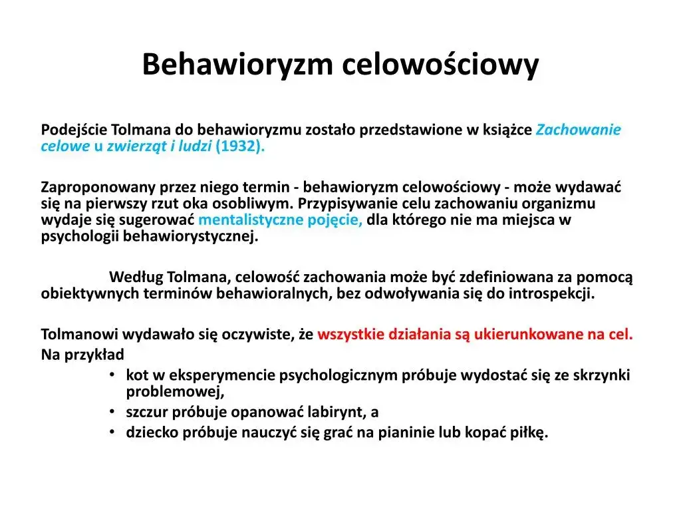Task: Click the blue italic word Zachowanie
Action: pos(579,130)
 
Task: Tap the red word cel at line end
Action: pos(620,335)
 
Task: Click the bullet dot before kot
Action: pos(114,375)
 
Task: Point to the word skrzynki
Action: pos(603,375)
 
